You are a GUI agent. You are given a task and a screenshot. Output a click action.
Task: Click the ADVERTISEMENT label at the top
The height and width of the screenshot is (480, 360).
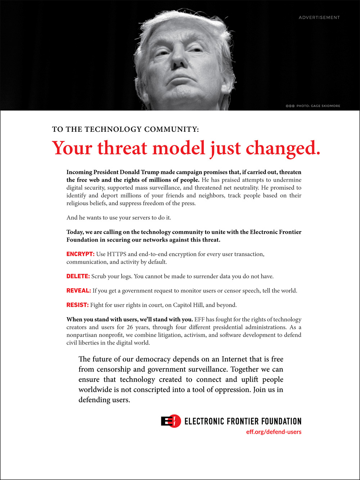pyautogui.click(x=319, y=17)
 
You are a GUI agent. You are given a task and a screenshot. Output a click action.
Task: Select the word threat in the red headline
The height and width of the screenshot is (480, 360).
pyautogui.click(x=122, y=148)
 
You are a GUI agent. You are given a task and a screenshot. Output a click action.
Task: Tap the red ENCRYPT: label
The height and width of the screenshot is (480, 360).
pyautogui.click(x=80, y=254)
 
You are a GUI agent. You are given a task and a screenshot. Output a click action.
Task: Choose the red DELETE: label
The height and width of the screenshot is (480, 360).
pyautogui.click(x=78, y=277)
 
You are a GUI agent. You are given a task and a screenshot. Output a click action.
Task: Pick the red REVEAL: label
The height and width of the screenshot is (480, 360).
pyautogui.click(x=78, y=291)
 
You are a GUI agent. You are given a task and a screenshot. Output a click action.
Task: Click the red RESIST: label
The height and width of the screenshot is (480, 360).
pyautogui.click(x=77, y=305)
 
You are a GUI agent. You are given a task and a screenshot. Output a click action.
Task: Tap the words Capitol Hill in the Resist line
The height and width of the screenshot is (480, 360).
pyautogui.click(x=188, y=305)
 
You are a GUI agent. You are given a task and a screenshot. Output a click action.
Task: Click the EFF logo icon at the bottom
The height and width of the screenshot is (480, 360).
pyautogui.click(x=171, y=421)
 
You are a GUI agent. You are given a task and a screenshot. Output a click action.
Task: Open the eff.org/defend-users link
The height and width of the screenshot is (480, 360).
pyautogui.click(x=274, y=432)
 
